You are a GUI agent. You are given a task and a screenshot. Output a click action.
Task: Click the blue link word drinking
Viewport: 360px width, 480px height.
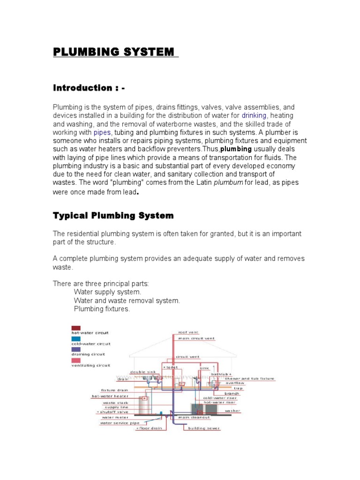254,115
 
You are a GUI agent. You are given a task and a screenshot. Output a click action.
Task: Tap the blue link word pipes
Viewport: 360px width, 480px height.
102,132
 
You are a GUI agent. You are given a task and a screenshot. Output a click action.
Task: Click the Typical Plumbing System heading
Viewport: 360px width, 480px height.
113,216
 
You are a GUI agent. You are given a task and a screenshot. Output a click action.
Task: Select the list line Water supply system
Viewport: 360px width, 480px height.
107,292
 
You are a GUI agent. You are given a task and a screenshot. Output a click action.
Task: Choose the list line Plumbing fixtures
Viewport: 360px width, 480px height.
101,309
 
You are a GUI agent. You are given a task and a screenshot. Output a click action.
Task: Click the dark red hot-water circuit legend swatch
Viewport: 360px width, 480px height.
75,328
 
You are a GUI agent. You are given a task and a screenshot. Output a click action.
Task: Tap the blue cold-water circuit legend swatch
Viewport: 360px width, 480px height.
75,338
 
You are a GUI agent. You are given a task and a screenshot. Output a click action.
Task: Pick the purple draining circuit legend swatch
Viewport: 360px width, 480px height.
75,349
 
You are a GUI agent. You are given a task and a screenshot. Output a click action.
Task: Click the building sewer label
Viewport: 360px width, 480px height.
204,428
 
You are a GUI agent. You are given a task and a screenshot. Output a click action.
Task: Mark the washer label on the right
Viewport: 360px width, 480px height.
232,411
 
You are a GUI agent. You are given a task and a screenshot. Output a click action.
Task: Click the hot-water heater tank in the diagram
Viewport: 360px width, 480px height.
143,404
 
